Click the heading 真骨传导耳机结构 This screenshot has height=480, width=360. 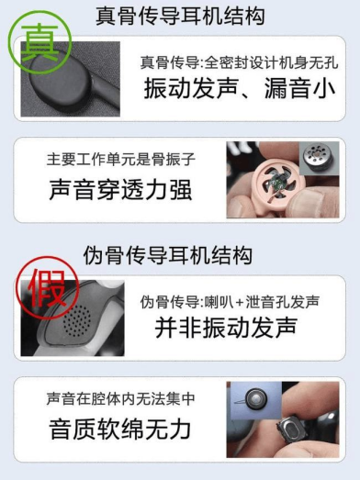pyautogui.click(x=180, y=17)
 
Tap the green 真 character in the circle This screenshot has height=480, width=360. pyautogui.click(x=39, y=42)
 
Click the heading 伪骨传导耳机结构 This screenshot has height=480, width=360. pyautogui.click(x=167, y=256)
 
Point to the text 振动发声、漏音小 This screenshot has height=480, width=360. pyautogui.click(x=240, y=88)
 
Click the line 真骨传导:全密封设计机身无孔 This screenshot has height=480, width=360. pyautogui.click(x=240, y=62)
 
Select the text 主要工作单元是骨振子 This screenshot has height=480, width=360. pyautogui.click(x=121, y=159)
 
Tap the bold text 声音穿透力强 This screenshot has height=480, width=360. pyautogui.click(x=120, y=190)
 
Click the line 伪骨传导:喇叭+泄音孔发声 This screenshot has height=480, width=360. pyautogui.click(x=230, y=302)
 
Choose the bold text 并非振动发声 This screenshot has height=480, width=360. pyautogui.click(x=227, y=328)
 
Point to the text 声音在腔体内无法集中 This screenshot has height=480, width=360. pyautogui.click(x=121, y=398)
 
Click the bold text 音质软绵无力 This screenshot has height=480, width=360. pyautogui.click(x=120, y=430)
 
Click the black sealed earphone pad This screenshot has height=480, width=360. pyautogui.click(x=62, y=79)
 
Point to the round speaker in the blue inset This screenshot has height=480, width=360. pyautogui.click(x=256, y=399)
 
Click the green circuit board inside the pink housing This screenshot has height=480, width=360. pyautogui.click(x=279, y=183)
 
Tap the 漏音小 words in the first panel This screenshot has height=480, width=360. pyautogui.click(x=299, y=88)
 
